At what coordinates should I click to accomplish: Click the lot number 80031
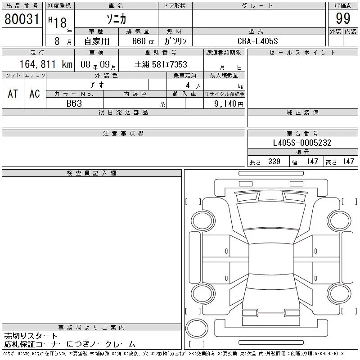click(22, 19)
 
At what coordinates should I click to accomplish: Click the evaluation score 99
click(343, 18)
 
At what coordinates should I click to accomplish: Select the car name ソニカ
click(117, 19)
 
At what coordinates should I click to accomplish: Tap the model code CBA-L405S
click(257, 41)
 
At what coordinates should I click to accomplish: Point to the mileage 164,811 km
click(46, 64)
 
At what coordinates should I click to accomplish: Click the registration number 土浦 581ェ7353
click(161, 64)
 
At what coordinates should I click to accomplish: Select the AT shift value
click(13, 94)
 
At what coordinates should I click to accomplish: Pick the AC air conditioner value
click(35, 94)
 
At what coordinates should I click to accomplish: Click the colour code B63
click(74, 103)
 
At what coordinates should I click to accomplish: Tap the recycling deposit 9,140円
click(229, 104)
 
